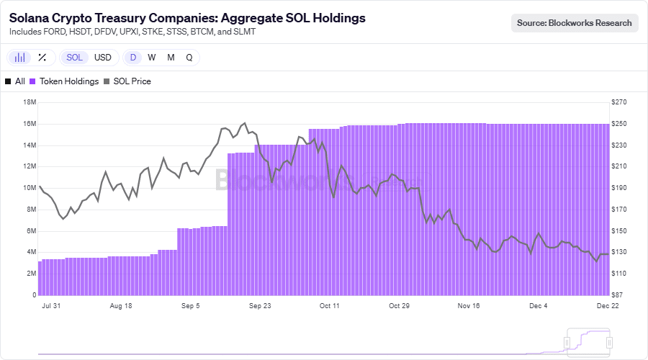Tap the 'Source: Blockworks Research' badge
coord(575,23)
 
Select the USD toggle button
coord(103,58)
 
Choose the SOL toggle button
coord(74,58)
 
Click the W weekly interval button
coord(152,58)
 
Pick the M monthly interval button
coord(171,58)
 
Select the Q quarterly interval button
coord(189,58)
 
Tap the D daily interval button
coord(133,58)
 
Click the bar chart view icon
coord(20,58)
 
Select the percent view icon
coord(42,58)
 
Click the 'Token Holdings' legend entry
coord(64,81)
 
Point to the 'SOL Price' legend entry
coord(127,81)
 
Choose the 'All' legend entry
coord(15,81)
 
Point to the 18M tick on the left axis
coord(30,102)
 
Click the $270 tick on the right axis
coord(619,102)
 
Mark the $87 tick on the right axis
coord(617,294)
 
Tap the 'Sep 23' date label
coord(260,306)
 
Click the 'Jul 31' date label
coord(51,306)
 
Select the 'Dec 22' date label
coord(608,306)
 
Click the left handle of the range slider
coord(567,343)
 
